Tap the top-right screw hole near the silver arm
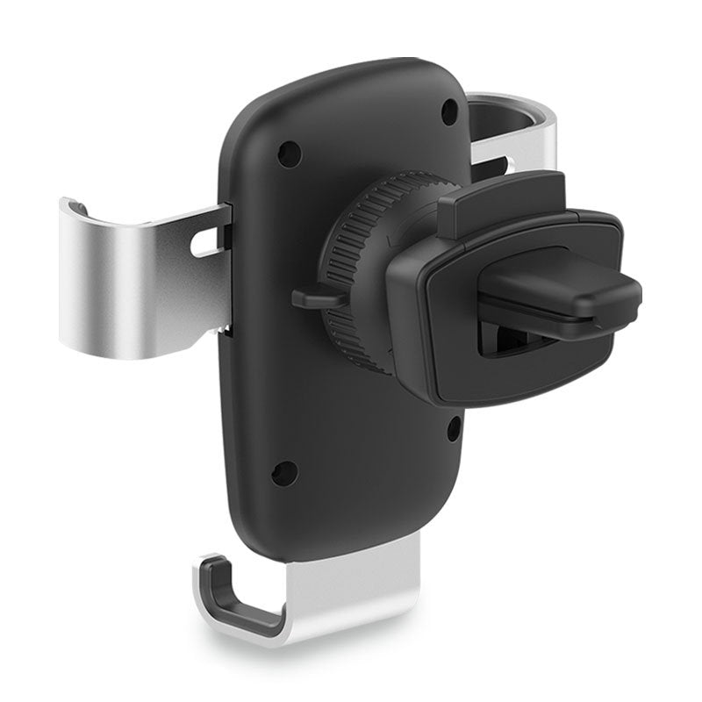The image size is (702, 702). (x=448, y=111)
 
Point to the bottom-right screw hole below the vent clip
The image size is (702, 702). (x=453, y=430)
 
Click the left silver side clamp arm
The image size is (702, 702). (x=114, y=281)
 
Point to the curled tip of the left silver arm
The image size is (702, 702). (x=75, y=207)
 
